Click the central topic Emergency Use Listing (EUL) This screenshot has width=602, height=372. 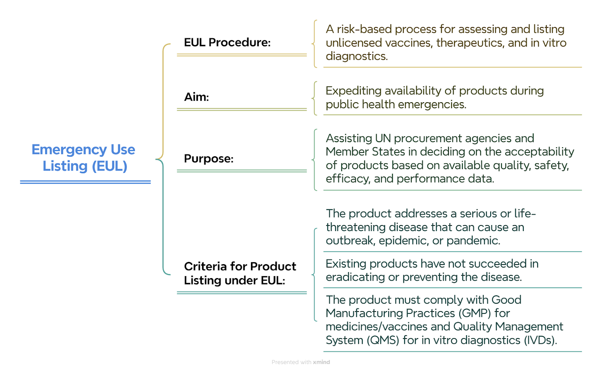click(x=83, y=157)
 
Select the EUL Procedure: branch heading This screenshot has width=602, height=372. click(x=227, y=42)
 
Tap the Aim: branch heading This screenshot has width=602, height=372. click(x=196, y=97)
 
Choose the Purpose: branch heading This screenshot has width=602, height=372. click(x=208, y=158)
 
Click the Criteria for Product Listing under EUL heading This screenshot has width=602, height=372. click(x=240, y=273)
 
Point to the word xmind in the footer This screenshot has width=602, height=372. click(x=321, y=362)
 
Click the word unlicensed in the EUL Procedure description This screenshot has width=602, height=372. click(x=355, y=43)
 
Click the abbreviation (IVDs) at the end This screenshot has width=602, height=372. click(x=540, y=340)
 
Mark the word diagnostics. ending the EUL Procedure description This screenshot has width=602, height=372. click(x=357, y=56)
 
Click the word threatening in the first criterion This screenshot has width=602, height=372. click(x=356, y=227)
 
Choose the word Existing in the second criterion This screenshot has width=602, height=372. click(x=346, y=264)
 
